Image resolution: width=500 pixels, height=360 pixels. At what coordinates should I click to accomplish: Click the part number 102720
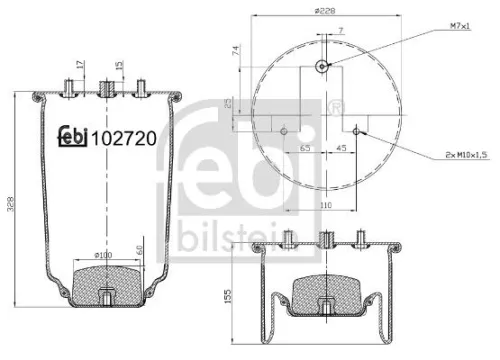[122, 139]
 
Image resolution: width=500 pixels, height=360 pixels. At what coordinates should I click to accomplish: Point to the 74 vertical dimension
[236, 51]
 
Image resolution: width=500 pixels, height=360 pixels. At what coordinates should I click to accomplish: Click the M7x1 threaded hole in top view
[322, 66]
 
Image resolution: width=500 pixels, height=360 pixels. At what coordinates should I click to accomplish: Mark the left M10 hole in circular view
[285, 130]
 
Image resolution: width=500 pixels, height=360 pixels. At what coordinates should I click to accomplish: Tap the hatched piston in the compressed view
[322, 290]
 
